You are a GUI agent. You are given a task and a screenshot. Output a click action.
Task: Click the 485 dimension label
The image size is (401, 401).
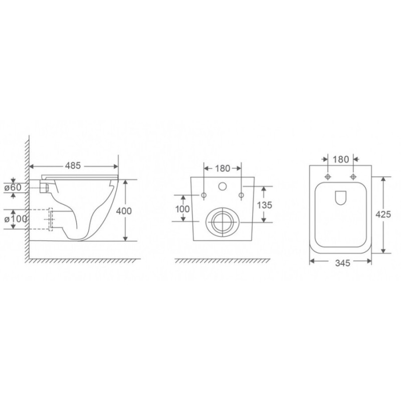pyautogui.click(x=73, y=166)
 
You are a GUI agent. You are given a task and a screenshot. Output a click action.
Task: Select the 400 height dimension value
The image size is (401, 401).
pyautogui.click(x=124, y=211)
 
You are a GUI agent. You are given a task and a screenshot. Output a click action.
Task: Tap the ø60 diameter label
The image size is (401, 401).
pyautogui.click(x=13, y=187)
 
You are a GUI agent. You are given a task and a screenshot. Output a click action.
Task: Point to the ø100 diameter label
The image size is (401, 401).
pyautogui.click(x=16, y=219)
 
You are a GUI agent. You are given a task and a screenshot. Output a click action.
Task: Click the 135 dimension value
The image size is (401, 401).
pyautogui.click(x=265, y=205)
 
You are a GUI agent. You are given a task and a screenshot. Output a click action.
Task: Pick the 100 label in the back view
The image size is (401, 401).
pyautogui.click(x=182, y=209)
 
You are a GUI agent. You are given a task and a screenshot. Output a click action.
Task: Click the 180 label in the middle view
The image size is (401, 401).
pyautogui.click(x=223, y=168)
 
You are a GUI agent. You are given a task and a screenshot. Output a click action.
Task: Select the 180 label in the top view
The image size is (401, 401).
pyautogui.click(x=341, y=159)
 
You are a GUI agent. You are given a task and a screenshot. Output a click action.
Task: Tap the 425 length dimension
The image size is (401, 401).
pyautogui.click(x=383, y=214)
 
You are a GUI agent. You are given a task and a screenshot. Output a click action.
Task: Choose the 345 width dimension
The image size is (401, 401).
pyautogui.click(x=342, y=263)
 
